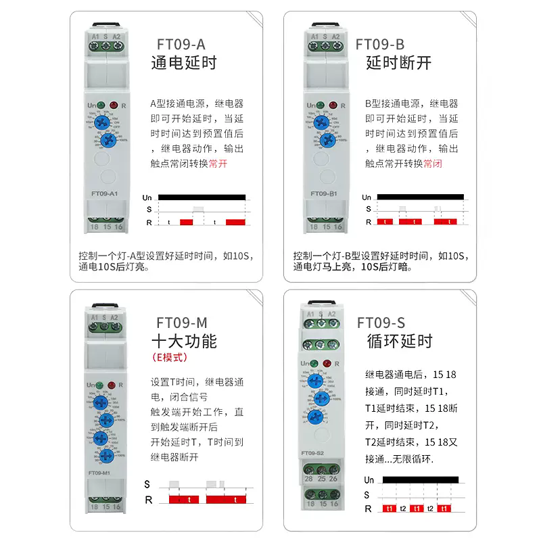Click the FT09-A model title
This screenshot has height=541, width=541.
181,45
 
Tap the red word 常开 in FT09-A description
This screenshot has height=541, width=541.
218,163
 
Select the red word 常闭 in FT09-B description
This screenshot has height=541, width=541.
433,163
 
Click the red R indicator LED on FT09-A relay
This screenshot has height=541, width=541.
114,105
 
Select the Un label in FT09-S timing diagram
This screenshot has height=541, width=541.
369,479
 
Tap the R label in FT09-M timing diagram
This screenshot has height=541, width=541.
148,500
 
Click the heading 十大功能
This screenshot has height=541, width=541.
184,340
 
